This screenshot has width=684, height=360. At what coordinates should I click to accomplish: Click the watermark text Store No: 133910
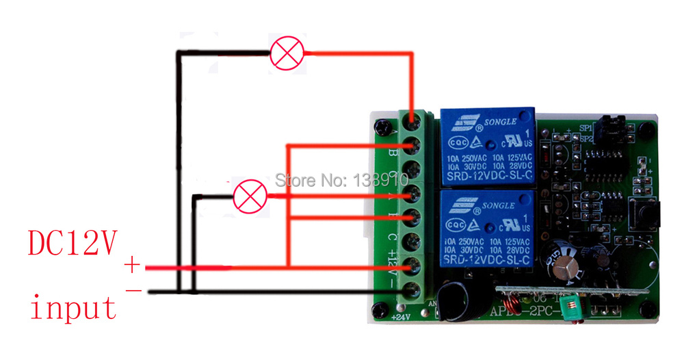point(341,181)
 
